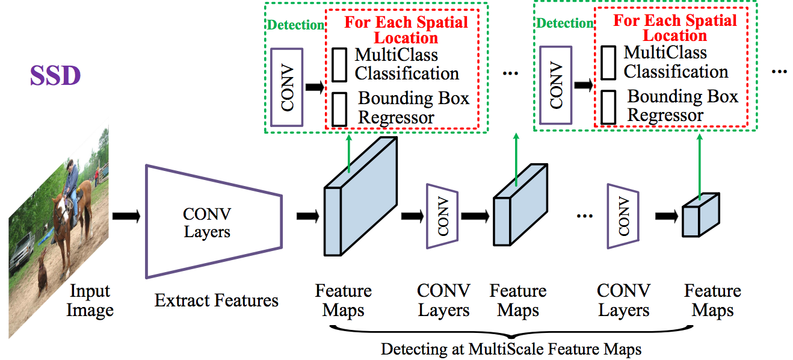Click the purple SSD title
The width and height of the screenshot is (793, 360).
[55, 76]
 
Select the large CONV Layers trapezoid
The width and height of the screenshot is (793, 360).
[211, 222]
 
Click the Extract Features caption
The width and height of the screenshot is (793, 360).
[217, 300]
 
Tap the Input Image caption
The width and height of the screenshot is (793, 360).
[90, 301]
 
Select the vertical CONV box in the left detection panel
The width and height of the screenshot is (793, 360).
[287, 87]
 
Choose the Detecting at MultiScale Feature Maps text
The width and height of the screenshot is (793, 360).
[511, 349]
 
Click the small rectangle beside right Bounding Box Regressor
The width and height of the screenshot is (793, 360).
[608, 107]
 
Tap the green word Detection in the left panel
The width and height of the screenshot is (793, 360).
[295, 25]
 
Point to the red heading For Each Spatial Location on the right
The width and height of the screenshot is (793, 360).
[674, 28]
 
